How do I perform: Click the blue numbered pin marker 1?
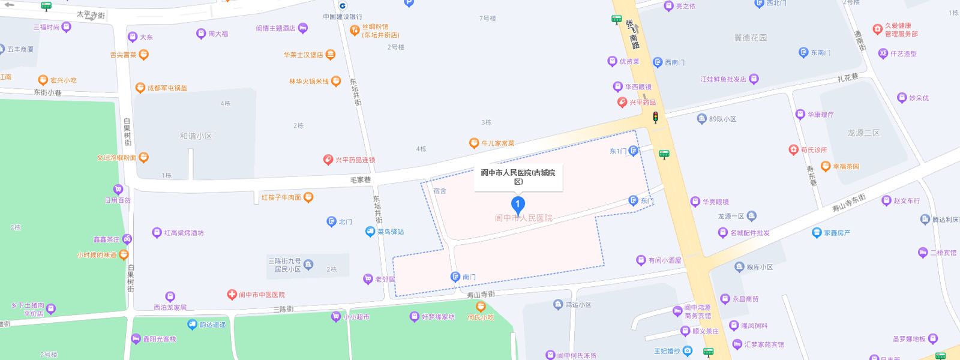[x=518, y=205]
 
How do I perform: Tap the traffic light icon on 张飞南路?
[x=655, y=117]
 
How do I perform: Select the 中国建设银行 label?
[x=343, y=17]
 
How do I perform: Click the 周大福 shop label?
[x=218, y=34]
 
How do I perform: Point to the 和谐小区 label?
[x=196, y=136]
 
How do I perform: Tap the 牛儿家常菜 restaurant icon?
[x=474, y=143]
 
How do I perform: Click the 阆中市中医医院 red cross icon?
[x=232, y=295]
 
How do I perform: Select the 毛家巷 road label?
[x=361, y=180]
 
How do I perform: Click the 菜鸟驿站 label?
[x=391, y=232]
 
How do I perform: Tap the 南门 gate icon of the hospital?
[x=455, y=277]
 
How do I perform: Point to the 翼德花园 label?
[x=751, y=38]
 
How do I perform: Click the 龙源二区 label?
[x=863, y=133]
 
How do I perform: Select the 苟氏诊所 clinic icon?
[x=794, y=150]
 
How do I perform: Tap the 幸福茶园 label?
[x=846, y=166]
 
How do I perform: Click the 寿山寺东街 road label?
[x=849, y=203]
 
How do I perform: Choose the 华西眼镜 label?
[x=638, y=87]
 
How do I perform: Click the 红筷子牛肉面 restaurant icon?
[x=308, y=197]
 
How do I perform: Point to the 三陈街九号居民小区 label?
[x=284, y=265]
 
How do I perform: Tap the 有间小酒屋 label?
[x=665, y=260]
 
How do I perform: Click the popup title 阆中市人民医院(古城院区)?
[x=518, y=176]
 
